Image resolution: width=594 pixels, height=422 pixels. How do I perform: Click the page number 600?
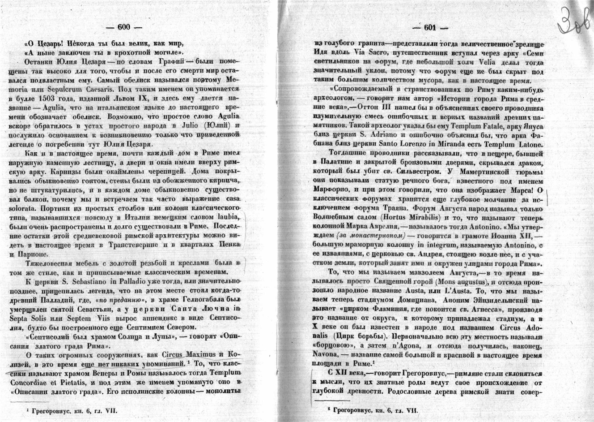click(124, 27)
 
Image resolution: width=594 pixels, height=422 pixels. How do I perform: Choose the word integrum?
click(441, 245)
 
